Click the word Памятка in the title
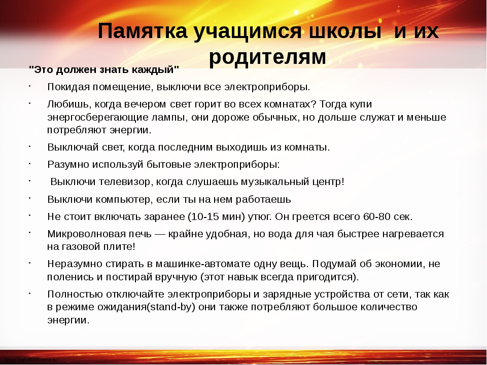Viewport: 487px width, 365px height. coord(143,31)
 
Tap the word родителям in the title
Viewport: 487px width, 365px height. coord(267,57)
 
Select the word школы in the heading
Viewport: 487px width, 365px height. coord(345,31)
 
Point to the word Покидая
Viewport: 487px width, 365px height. coord(68,87)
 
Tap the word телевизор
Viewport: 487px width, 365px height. coord(126,181)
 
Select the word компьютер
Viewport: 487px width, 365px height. coord(124,199)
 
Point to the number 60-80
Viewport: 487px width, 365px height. coord(376,216)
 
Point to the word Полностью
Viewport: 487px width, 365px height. coord(75,294)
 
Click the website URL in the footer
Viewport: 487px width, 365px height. coord(31,360)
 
